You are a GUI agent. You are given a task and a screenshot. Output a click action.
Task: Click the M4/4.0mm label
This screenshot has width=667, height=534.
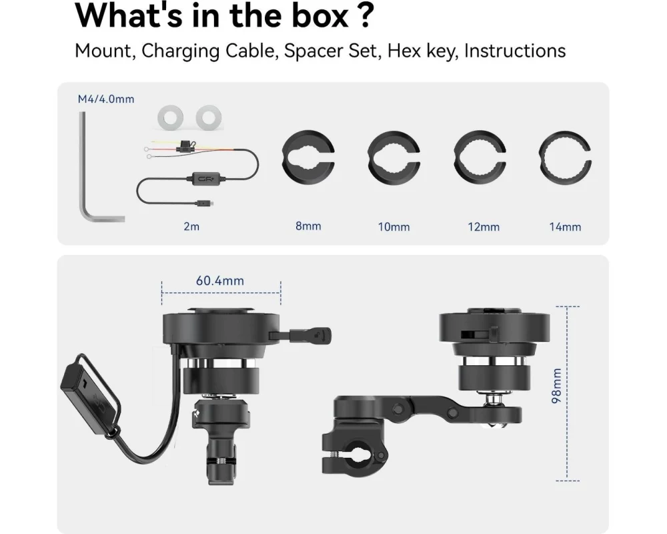tap(106, 99)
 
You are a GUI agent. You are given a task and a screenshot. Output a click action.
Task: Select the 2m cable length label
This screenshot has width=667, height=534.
tap(191, 226)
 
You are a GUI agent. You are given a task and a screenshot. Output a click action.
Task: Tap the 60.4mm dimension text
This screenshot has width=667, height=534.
tap(220, 280)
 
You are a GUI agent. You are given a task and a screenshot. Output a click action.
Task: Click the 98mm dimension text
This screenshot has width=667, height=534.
tap(556, 386)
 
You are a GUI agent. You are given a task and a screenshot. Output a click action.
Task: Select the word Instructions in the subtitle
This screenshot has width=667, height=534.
tap(515, 51)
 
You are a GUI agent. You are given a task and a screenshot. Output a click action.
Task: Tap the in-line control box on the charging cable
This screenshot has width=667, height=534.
tap(207, 178)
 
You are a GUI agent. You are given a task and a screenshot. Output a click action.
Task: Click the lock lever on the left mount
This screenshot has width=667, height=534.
tap(309, 335)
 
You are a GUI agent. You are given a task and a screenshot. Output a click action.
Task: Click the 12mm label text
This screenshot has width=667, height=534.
tap(484, 227)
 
